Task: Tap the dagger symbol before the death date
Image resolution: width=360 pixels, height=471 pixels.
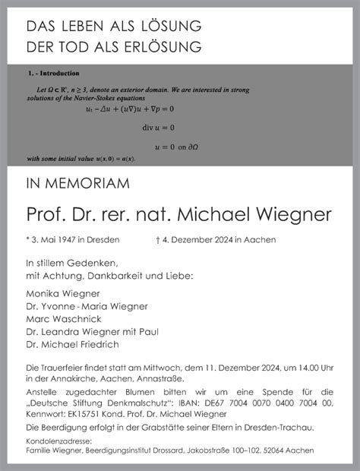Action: (x=156, y=240)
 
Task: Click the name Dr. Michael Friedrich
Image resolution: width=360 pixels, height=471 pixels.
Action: (x=72, y=344)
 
